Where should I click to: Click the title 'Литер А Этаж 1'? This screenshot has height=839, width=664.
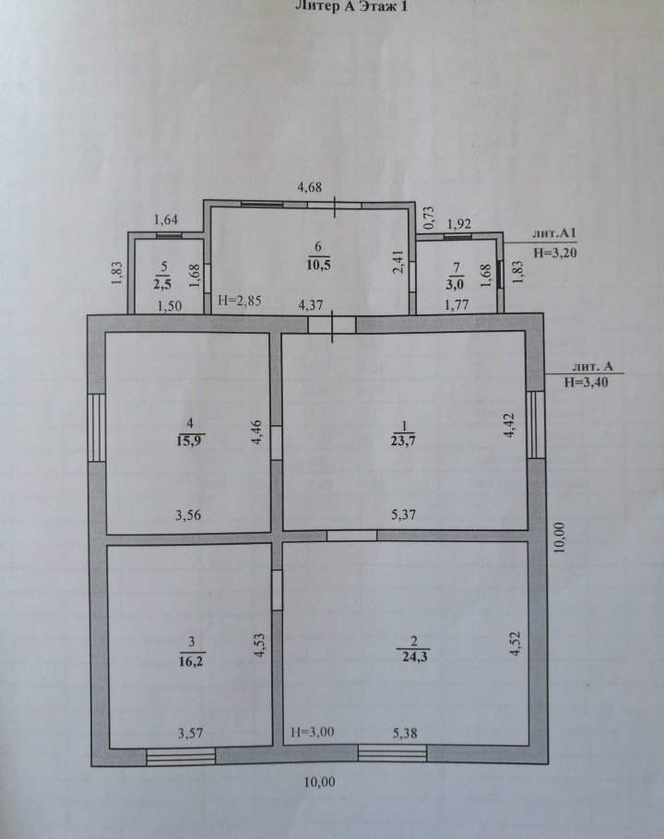(351, 6)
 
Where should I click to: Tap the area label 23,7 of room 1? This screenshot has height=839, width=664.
(405, 441)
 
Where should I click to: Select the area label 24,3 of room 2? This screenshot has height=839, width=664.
(414, 656)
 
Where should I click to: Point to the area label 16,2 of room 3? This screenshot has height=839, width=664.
(192, 661)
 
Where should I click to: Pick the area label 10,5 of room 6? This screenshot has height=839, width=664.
(318, 265)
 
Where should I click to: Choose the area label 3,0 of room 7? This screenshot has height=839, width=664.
(455, 283)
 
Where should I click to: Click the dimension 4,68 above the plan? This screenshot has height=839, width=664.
(310, 187)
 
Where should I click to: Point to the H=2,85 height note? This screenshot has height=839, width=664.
(239, 301)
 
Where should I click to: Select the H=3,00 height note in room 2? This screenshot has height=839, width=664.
(312, 732)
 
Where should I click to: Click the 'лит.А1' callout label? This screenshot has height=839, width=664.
(553, 234)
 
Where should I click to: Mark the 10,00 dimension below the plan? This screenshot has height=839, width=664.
(319, 782)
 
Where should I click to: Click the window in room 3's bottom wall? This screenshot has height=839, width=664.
(181, 757)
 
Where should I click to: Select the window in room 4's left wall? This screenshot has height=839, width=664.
(97, 428)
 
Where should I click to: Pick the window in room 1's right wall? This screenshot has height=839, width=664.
(534, 424)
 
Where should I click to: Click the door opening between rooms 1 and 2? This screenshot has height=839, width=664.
(351, 536)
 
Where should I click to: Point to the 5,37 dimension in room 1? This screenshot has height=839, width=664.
(403, 514)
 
